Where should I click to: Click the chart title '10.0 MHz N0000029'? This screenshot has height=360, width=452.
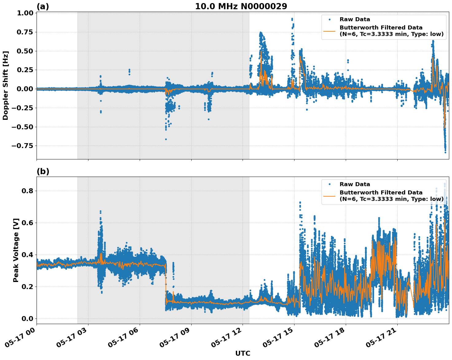click(241, 6)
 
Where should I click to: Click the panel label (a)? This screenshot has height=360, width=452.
click(43, 6)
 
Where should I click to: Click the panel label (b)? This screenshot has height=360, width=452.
click(43, 171)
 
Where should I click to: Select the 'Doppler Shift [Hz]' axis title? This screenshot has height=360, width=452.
click(6, 85)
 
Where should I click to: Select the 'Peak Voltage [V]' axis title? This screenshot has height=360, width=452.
click(16, 250)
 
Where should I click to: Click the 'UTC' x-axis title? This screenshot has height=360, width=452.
click(243, 354)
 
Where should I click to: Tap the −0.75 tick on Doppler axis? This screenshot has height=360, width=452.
click(22, 146)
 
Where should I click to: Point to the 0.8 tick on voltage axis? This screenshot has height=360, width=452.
click(28, 191)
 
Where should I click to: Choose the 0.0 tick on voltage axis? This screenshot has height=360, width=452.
click(28, 319)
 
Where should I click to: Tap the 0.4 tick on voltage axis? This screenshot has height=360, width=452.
click(28, 255)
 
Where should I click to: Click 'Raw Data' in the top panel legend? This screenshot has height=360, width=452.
click(355, 20)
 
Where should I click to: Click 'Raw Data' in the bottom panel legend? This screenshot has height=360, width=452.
click(355, 184)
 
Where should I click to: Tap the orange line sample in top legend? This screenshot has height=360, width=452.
click(329, 31)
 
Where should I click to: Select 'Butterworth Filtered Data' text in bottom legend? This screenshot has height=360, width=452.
click(381, 193)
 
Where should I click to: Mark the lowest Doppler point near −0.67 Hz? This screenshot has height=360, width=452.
click(166, 139)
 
